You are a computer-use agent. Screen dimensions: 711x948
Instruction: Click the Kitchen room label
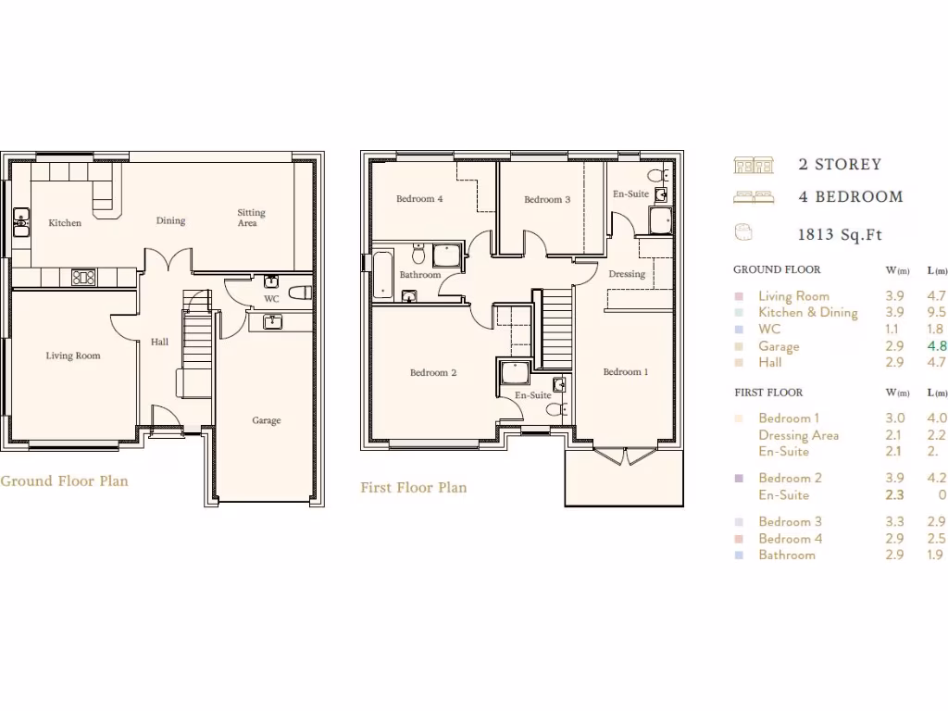tap(65, 223)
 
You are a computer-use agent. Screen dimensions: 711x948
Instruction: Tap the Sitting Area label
tap(251, 218)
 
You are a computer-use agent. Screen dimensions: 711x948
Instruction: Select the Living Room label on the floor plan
tap(73, 355)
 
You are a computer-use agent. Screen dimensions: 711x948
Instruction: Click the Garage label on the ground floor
tap(267, 420)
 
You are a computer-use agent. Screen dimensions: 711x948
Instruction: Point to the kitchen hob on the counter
tap(83, 277)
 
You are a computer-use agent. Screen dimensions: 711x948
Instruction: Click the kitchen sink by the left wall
tap(20, 222)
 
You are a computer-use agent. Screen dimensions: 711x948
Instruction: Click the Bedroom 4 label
tap(419, 199)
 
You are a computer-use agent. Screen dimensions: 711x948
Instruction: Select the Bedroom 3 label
tap(547, 200)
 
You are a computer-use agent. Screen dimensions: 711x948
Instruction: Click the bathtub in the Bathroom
tap(381, 274)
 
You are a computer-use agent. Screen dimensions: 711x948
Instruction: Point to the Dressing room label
tap(627, 274)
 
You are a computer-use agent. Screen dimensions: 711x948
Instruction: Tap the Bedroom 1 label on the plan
tap(625, 372)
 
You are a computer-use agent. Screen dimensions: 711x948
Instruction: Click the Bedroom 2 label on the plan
tap(433, 373)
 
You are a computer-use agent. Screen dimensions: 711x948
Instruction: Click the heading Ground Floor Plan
tap(64, 481)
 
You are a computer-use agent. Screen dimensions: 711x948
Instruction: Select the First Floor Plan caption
tap(413, 488)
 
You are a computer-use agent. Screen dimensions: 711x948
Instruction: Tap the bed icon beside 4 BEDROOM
tap(753, 196)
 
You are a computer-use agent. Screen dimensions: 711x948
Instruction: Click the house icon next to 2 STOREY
tap(753, 165)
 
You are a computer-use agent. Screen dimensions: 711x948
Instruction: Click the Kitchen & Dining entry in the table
tap(807, 313)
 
